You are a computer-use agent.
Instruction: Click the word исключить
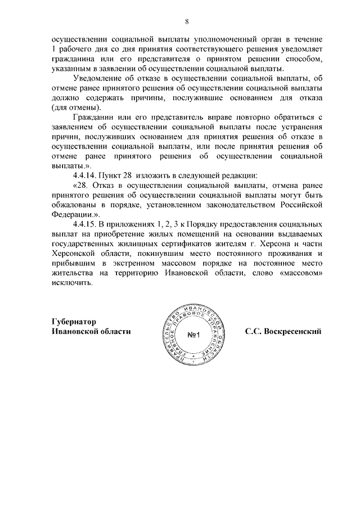point(70,282)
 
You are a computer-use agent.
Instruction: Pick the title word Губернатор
point(74,322)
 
